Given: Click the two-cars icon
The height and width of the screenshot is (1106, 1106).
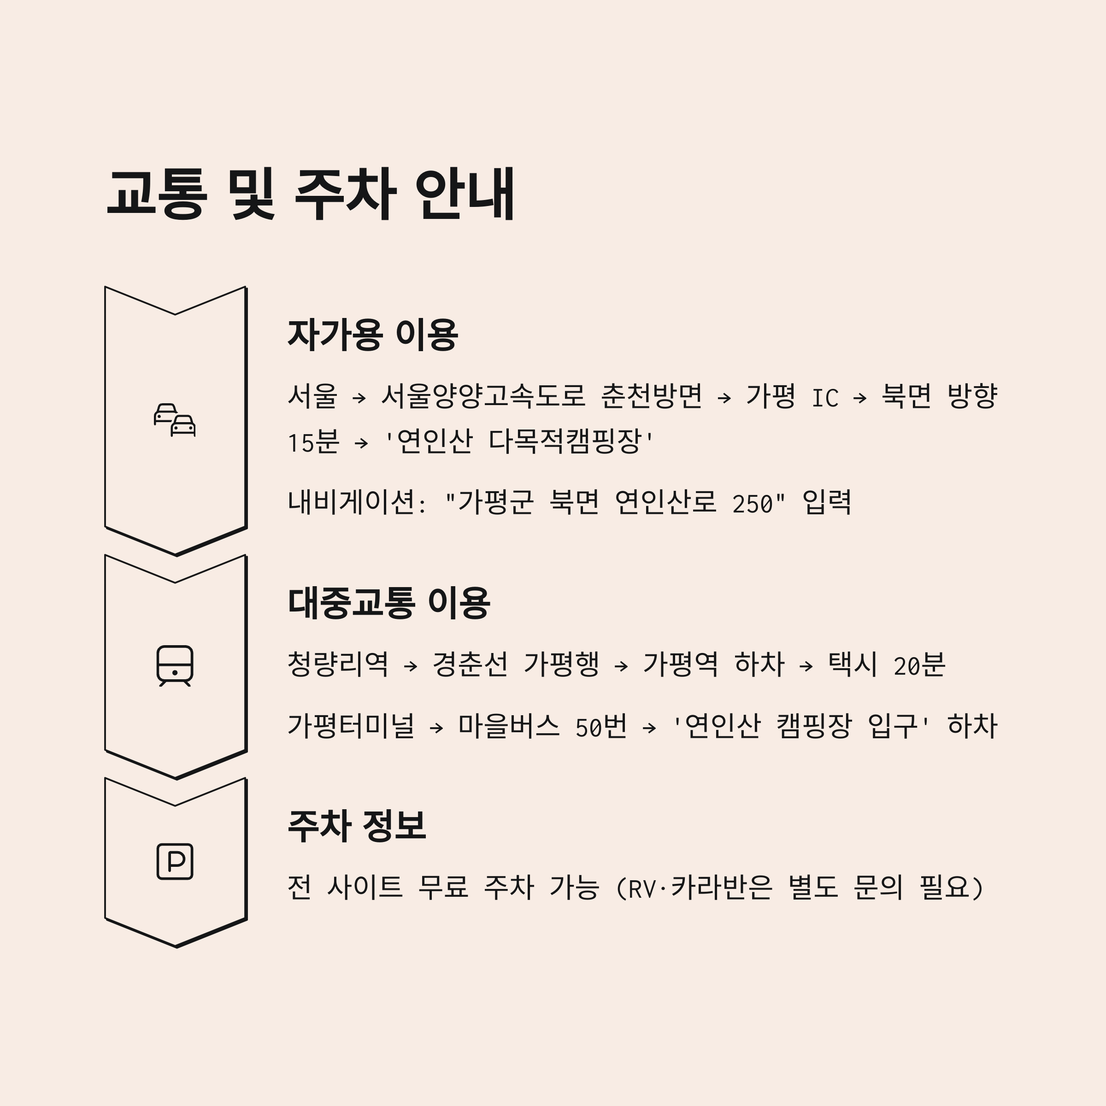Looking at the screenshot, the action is click(x=175, y=420).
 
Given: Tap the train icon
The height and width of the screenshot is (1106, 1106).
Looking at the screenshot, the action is click(x=175, y=666).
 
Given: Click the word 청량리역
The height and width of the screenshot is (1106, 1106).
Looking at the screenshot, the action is click(x=338, y=665).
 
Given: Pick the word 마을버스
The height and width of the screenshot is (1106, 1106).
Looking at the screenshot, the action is click(x=508, y=726).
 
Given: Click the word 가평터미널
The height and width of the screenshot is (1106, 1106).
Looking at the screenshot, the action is click(x=351, y=726).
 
